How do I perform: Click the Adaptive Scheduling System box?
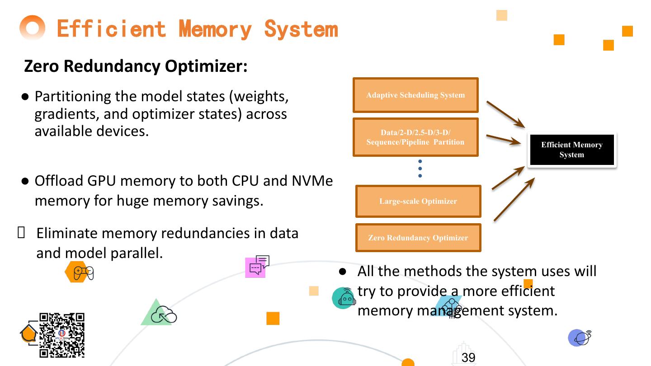pyautogui.click(x=415, y=95)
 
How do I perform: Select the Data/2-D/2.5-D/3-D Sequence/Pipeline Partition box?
pyautogui.click(x=415, y=137)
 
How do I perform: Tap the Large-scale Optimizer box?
pyautogui.click(x=418, y=201)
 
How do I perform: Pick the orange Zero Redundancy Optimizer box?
pyautogui.click(x=418, y=238)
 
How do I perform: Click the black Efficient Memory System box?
pyautogui.click(x=571, y=150)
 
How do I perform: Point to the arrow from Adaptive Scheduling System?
pyautogui.click(x=505, y=113)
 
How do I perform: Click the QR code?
pyautogui.click(x=62, y=335)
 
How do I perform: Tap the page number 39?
pyautogui.click(x=468, y=358)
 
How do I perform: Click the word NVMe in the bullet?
pyautogui.click(x=312, y=181)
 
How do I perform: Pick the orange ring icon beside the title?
pyautogui.click(x=33, y=28)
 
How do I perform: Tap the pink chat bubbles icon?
pyautogui.click(x=257, y=267)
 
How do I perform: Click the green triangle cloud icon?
pyautogui.click(x=158, y=313)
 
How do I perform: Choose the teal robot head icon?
pyautogui.click(x=344, y=298)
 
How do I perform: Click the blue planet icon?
pyautogui.click(x=580, y=338)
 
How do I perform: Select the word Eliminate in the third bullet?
pyautogui.click(x=67, y=233)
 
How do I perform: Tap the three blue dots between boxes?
pyautogui.click(x=420, y=169)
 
